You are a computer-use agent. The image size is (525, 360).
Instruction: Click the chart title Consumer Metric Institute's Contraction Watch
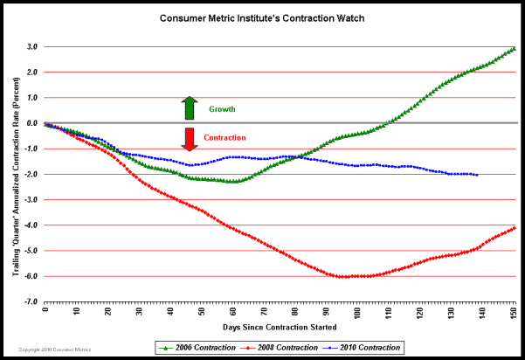[x=262, y=17]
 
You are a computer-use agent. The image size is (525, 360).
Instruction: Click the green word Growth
[x=222, y=110]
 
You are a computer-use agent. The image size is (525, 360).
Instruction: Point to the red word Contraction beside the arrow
[x=225, y=138]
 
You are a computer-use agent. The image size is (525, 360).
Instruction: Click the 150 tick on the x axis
[x=514, y=310]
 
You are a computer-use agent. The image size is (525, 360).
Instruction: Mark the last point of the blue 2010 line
[x=476, y=176]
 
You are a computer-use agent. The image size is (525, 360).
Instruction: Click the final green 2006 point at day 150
[x=514, y=49]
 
